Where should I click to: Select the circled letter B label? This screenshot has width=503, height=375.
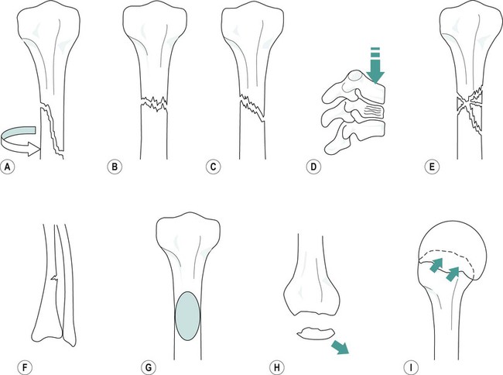pyautogui.click(x=114, y=166)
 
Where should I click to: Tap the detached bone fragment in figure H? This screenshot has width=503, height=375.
pyautogui.click(x=313, y=333)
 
